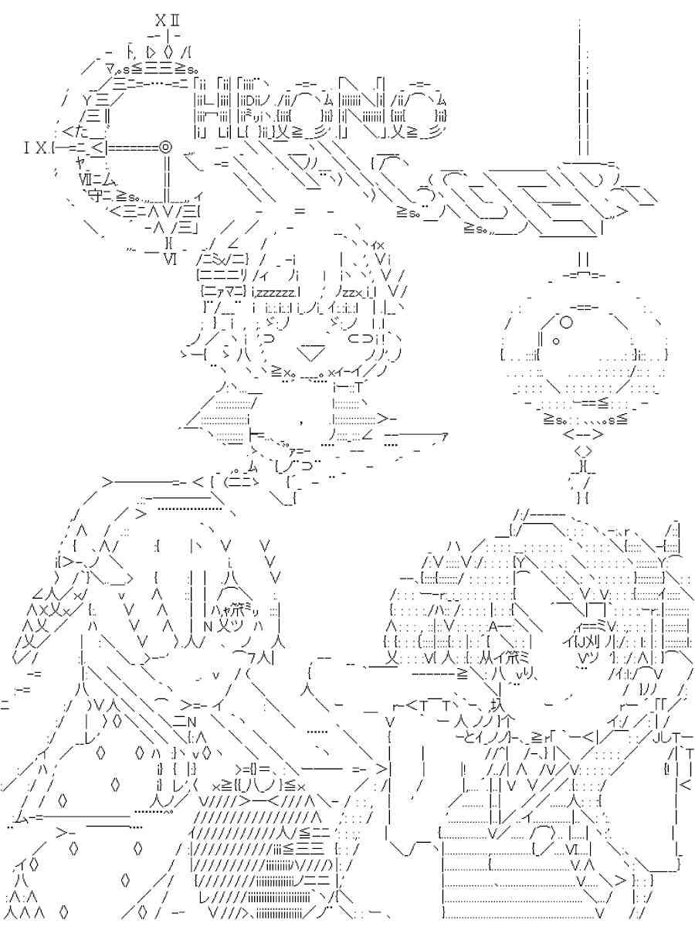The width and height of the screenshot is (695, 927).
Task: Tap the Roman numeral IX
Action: pyautogui.click(x=36, y=144)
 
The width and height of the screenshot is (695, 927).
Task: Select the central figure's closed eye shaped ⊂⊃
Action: pyautogui.click(x=361, y=338)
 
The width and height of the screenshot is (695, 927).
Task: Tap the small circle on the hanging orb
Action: pyautogui.click(x=565, y=323)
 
